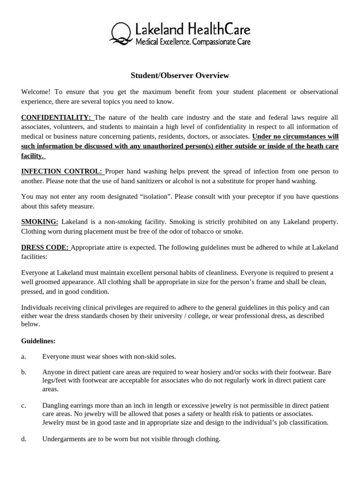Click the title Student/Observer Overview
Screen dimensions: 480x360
click(x=180, y=75)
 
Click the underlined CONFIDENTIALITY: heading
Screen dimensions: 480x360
click(x=57, y=117)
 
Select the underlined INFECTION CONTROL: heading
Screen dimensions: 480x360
click(x=62, y=172)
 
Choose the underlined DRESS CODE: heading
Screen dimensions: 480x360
click(x=45, y=247)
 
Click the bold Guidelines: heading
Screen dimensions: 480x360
click(x=38, y=341)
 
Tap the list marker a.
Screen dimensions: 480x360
click(x=23, y=357)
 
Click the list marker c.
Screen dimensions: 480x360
click(x=23, y=405)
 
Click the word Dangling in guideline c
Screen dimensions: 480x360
click(x=55, y=405)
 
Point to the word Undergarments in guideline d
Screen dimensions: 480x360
click(x=63, y=439)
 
